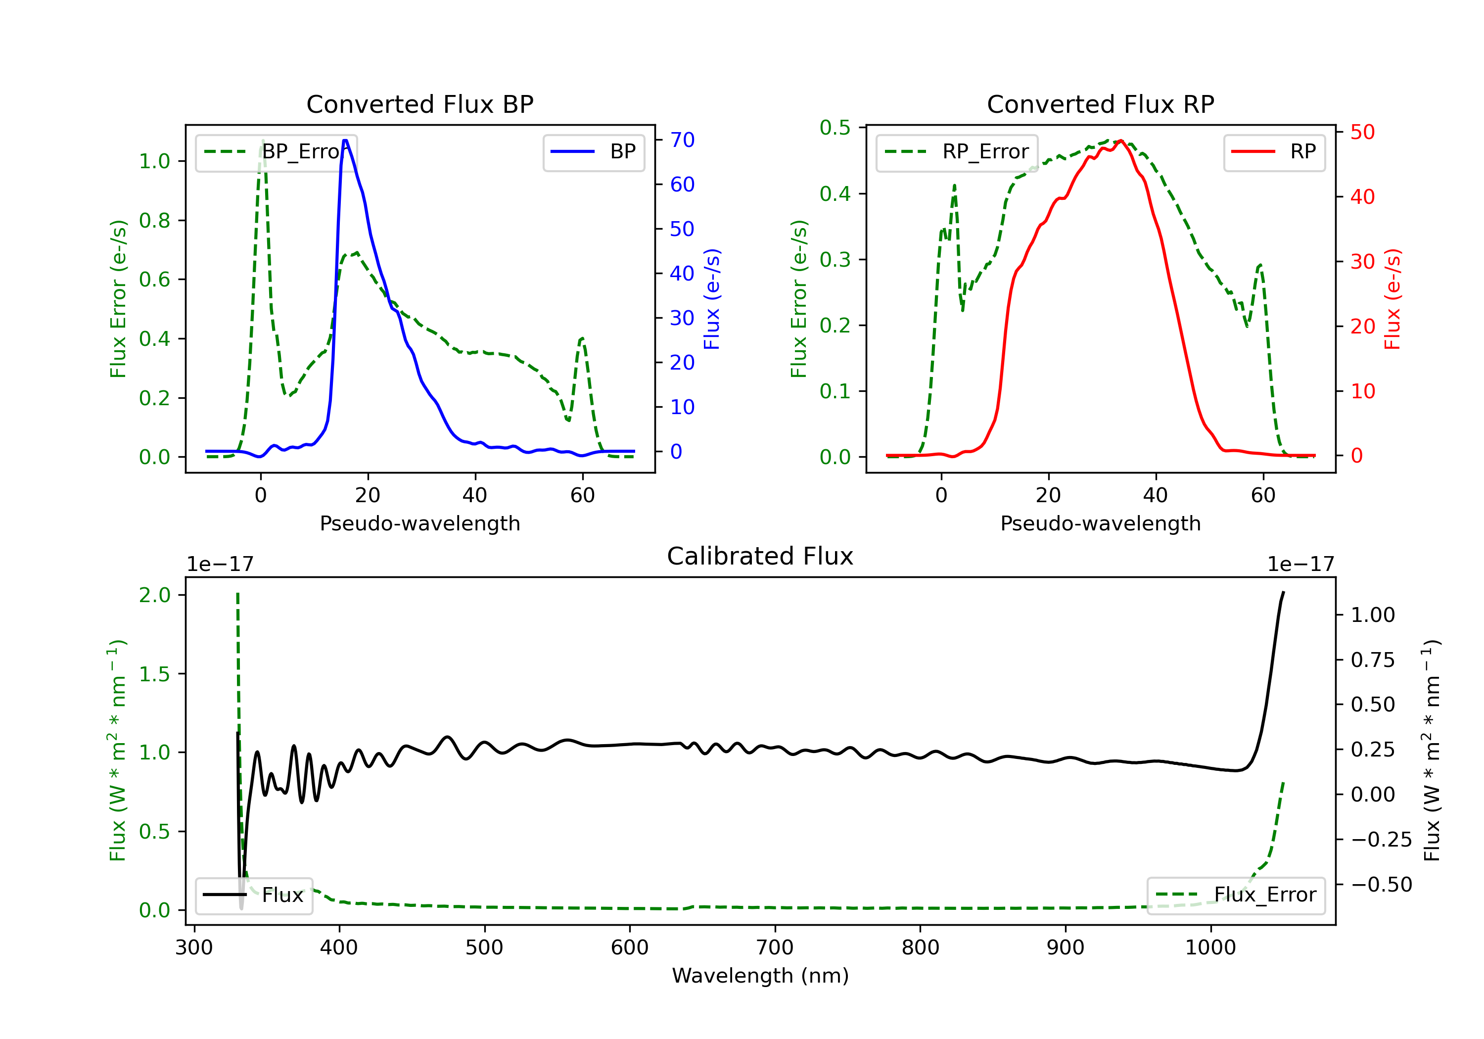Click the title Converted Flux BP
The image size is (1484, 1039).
(419, 104)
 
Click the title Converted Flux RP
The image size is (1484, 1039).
(1100, 104)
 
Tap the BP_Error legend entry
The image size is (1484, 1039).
(277, 152)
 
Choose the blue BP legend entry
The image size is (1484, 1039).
(593, 152)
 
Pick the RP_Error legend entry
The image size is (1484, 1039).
(957, 152)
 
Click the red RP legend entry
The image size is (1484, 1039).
(1274, 152)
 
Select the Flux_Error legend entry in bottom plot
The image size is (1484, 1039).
(1236, 895)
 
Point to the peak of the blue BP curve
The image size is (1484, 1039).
(345, 141)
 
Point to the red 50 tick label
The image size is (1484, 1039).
(1362, 132)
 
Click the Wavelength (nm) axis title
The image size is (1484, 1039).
(760, 976)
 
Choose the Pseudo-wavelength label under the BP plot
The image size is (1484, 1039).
(419, 523)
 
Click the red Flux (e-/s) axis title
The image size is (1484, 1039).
(1391, 299)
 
